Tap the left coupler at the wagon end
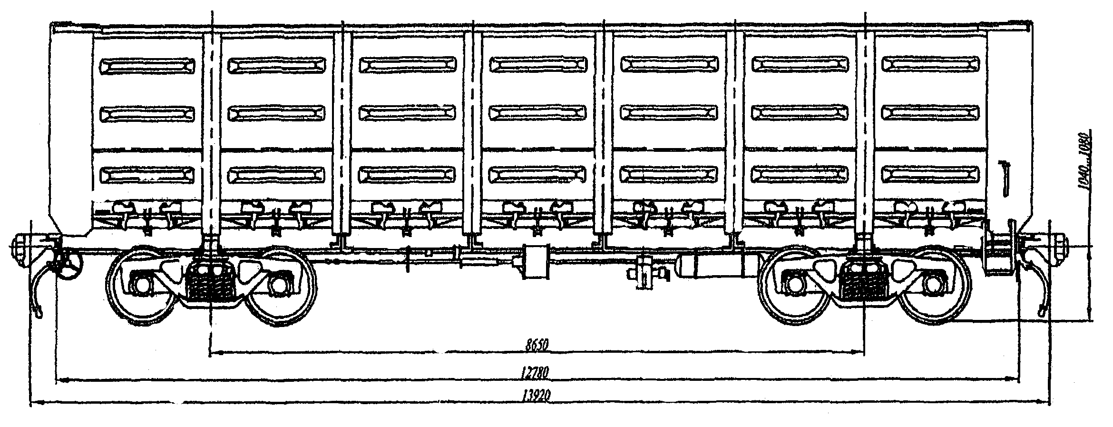[x=21, y=248]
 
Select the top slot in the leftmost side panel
[x=147, y=65]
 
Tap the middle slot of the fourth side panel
[x=537, y=112]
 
